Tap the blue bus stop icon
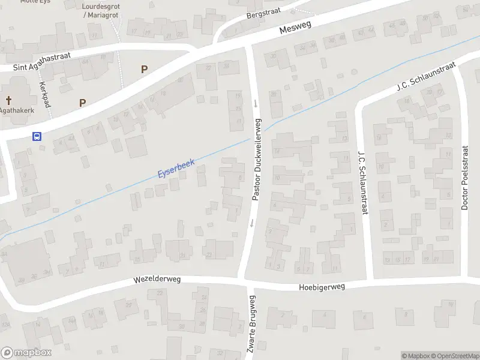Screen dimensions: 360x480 (x=37, y=136)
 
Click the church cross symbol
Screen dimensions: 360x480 (x=9, y=100)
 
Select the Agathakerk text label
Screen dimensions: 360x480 (x=16, y=110)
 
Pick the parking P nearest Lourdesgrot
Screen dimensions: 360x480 (x=144, y=69)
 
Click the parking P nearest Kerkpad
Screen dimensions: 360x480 (x=82, y=103)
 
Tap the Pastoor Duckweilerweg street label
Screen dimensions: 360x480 (x=256, y=159)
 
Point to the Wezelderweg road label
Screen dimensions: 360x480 (x=157, y=280)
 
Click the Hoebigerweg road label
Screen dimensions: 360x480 (x=322, y=287)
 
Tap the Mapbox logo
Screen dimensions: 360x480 (x=26, y=353)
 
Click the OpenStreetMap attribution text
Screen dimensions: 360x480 (x=454, y=356)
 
